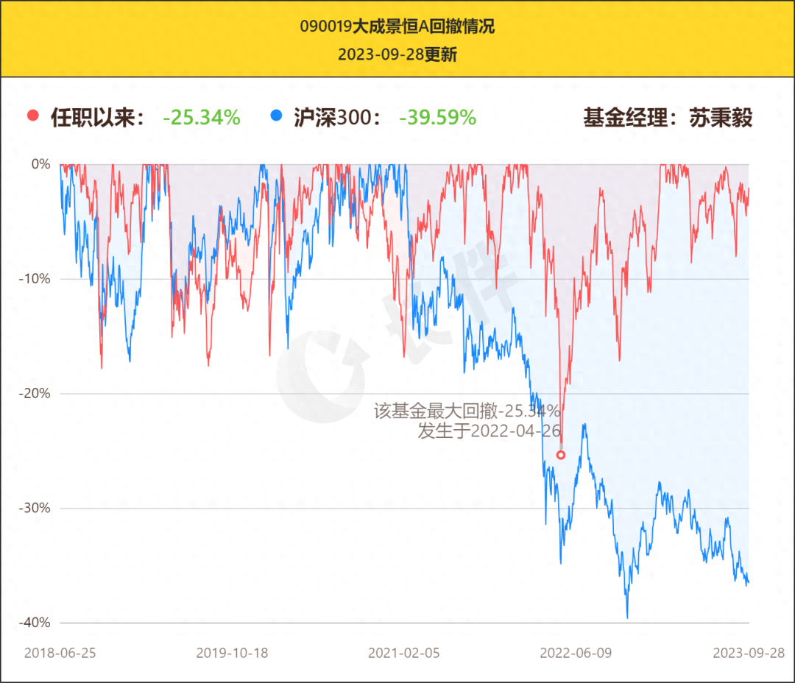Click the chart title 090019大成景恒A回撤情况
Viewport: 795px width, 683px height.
coord(397,27)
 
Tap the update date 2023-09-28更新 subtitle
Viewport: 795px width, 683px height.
coord(397,54)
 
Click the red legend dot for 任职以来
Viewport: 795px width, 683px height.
coord(32,116)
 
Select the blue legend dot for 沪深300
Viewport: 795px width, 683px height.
coord(276,116)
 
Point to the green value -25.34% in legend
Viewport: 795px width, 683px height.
coord(202,117)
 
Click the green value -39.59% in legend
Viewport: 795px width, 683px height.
coord(437,117)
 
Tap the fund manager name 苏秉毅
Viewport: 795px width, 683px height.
coord(721,117)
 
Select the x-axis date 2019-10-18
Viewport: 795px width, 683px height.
coord(232,653)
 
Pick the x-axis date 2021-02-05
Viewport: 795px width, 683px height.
coord(403,653)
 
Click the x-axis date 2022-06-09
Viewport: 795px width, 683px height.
coord(576,653)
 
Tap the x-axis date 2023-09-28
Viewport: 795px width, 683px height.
coord(749,653)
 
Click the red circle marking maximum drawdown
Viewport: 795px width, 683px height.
coord(561,455)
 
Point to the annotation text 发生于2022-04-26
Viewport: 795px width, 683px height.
coord(489,431)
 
